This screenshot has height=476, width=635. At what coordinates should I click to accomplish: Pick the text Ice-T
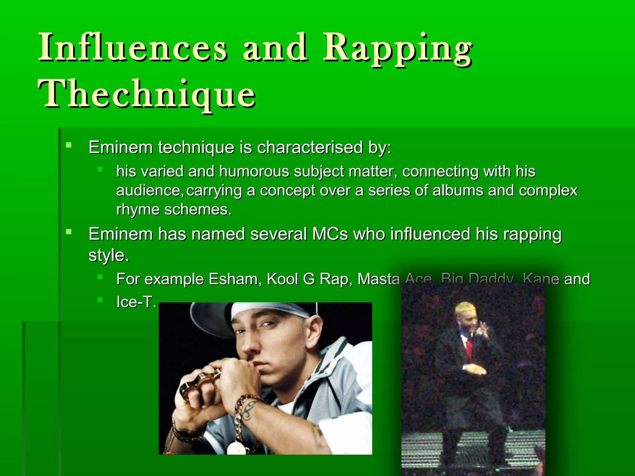click(136, 302)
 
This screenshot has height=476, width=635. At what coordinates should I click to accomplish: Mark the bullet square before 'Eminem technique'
click(69, 145)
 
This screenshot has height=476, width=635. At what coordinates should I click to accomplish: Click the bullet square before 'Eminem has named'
click(69, 231)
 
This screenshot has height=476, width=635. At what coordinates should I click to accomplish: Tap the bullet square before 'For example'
click(100, 277)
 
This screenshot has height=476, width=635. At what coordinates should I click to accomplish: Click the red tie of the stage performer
click(469, 347)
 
